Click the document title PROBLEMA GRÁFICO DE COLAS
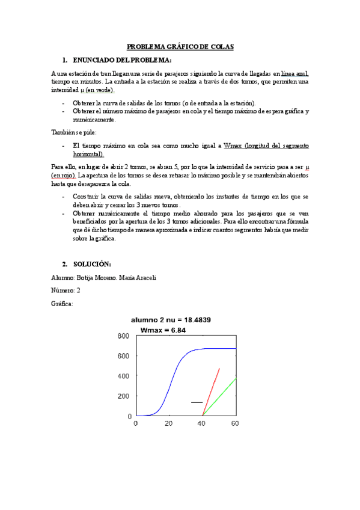coord(180,46)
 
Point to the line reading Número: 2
coord(66,290)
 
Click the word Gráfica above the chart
coord(63,304)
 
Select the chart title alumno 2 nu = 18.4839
coord(180,319)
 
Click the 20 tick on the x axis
coord(169,423)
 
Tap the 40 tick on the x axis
coord(203,423)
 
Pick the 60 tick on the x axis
coord(236,423)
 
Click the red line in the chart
coord(212,391)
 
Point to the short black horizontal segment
coord(197,402)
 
